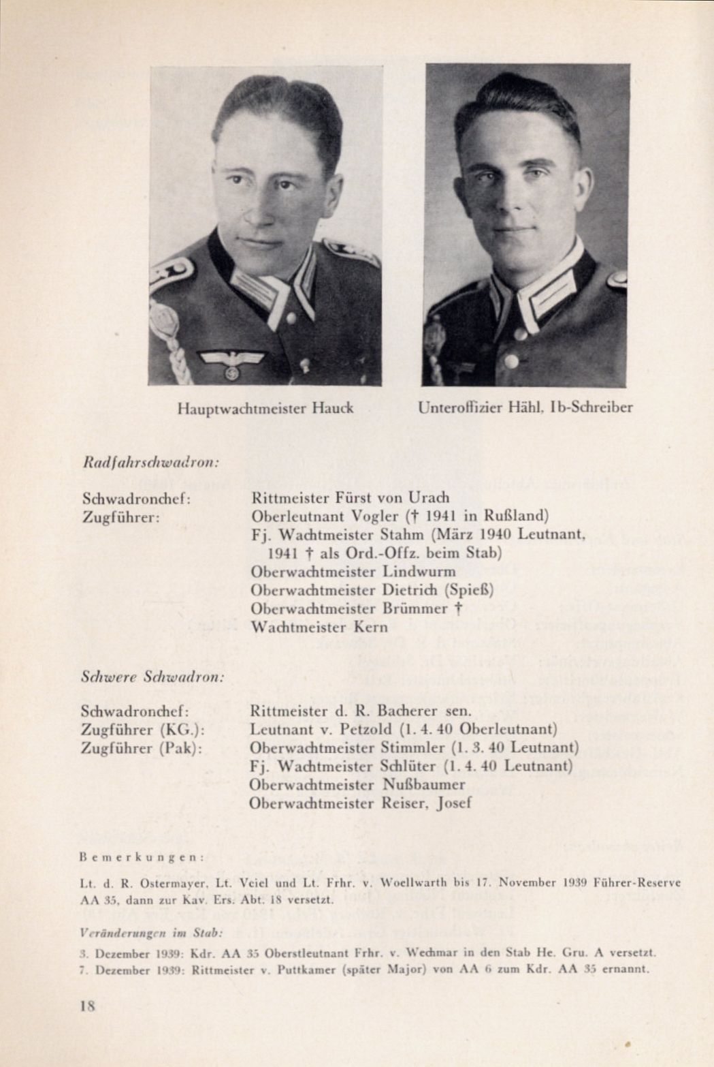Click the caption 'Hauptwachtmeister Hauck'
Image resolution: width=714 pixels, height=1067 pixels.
pos(265,409)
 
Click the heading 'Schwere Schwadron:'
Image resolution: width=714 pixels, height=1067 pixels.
pos(152,678)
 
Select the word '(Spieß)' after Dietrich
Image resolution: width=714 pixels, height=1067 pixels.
pos(470,589)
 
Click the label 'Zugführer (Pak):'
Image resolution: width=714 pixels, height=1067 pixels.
pos(143,748)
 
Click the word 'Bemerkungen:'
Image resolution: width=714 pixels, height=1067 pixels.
pos(142,856)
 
